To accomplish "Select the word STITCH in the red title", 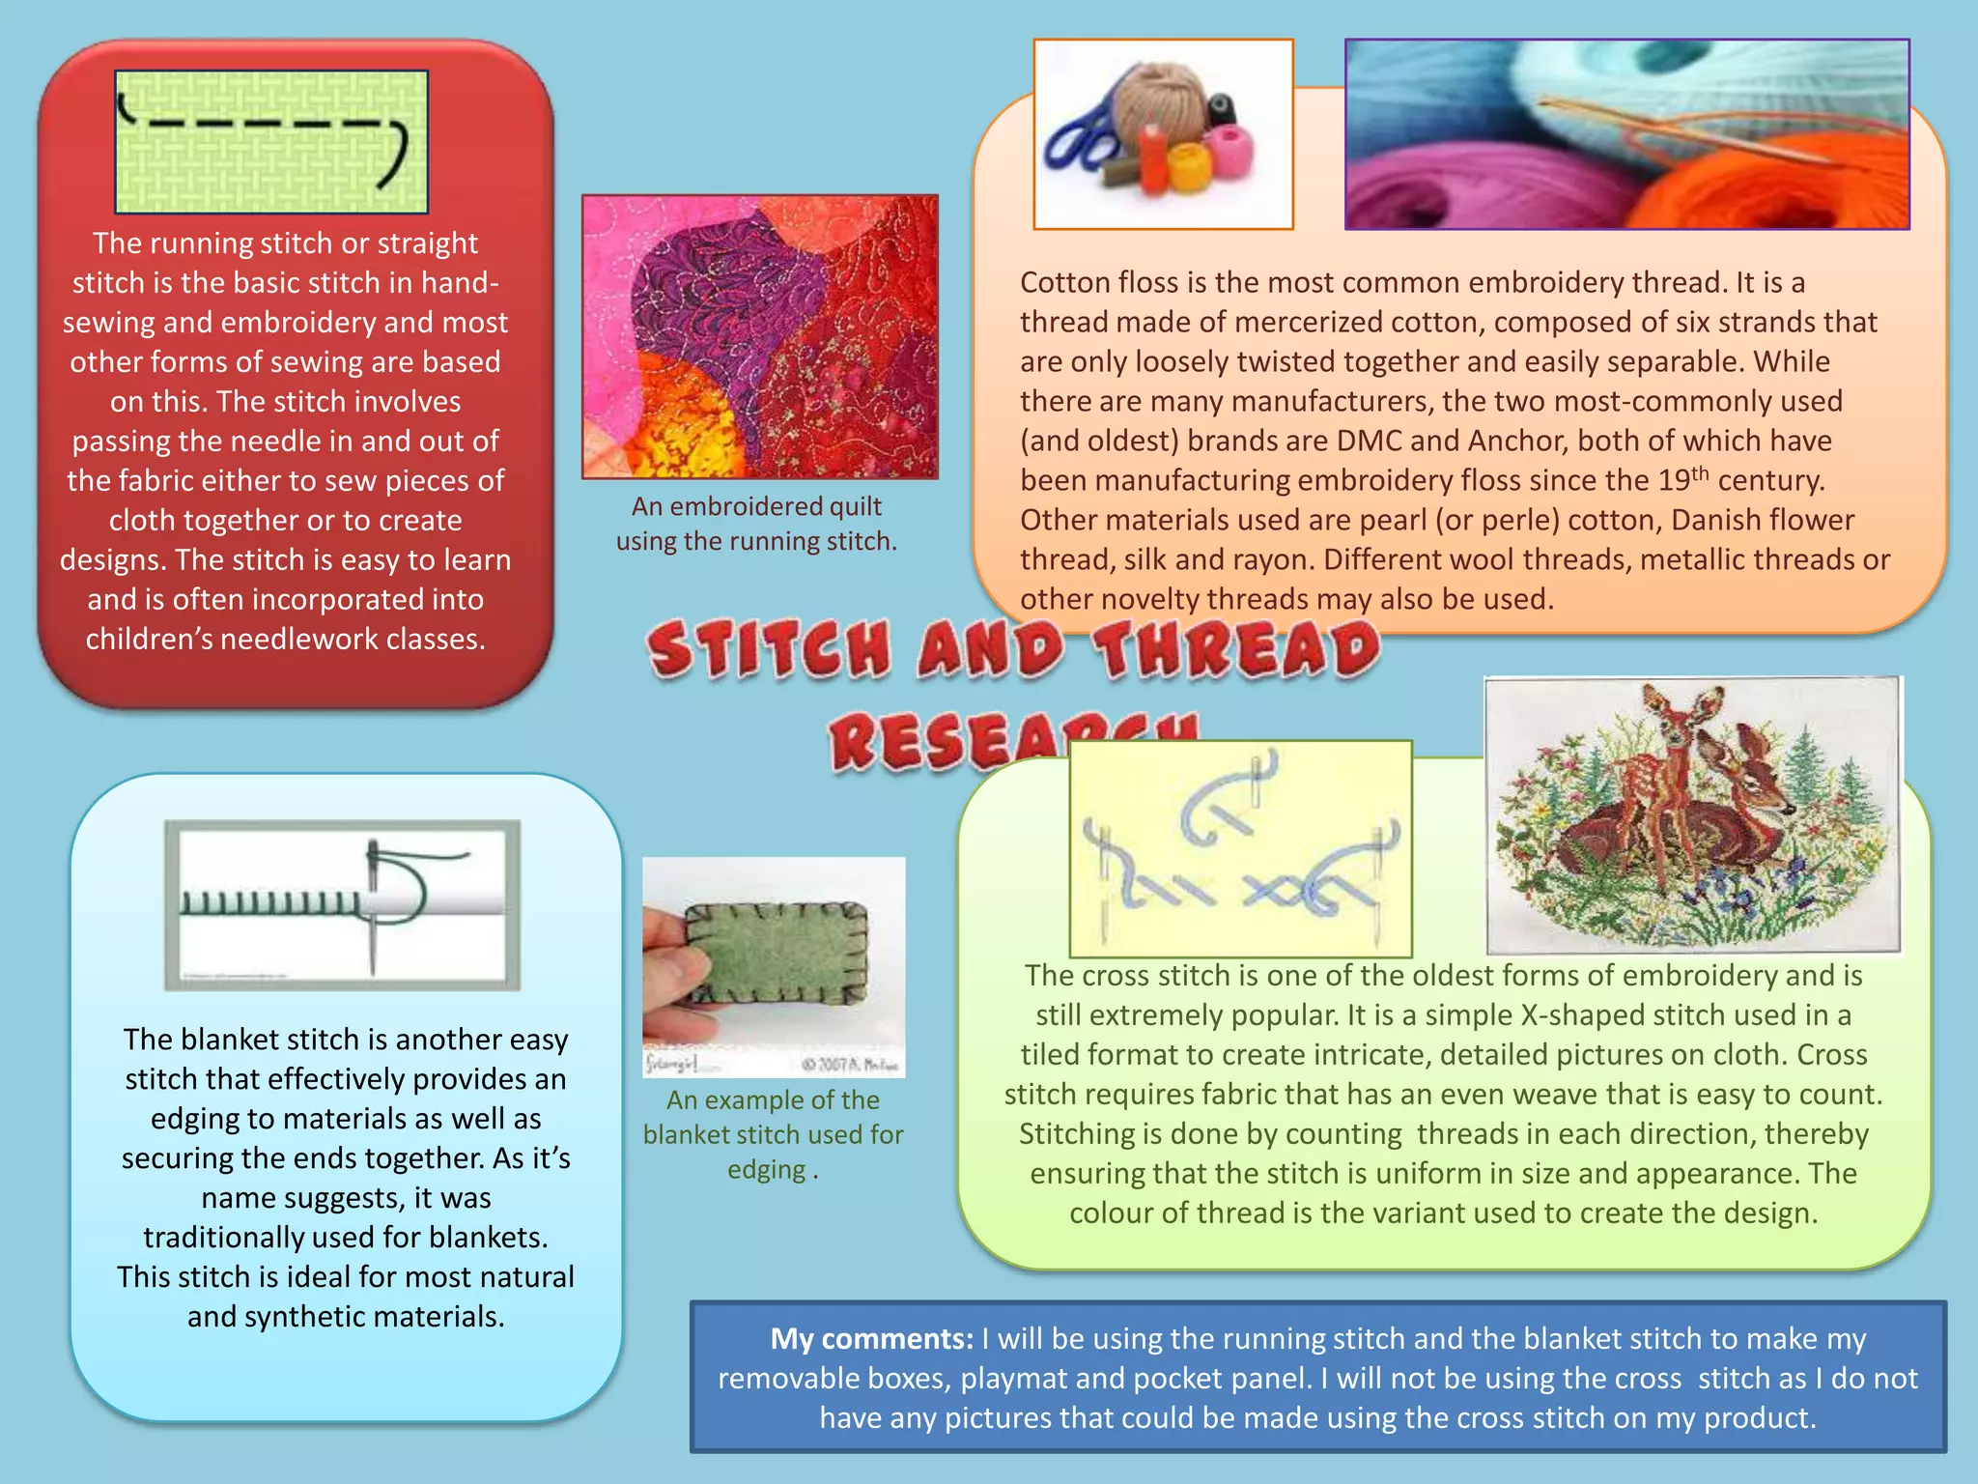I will [769, 649].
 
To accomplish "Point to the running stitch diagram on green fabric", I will [271, 142].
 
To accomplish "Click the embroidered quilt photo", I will [760, 336].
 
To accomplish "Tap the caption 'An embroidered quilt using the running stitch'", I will [757, 524].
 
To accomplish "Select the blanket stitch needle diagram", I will [342, 904].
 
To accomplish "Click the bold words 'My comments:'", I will [871, 1339].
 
